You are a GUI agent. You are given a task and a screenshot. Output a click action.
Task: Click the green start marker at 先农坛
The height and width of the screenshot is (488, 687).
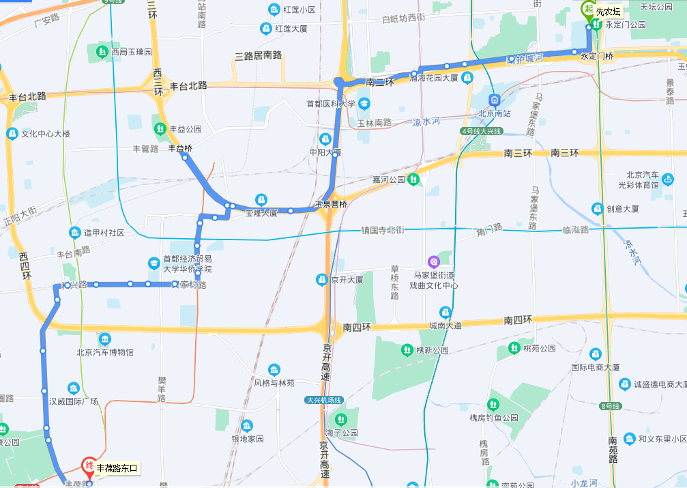[x=587, y=9]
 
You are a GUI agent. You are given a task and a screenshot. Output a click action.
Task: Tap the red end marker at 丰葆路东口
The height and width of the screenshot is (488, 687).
[x=89, y=467]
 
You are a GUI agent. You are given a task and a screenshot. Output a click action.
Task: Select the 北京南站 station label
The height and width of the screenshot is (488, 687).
[x=495, y=113]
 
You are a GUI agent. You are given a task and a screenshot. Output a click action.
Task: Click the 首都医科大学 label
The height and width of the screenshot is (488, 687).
[x=331, y=104]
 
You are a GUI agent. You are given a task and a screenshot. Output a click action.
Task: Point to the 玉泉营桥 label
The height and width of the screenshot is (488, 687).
[x=331, y=204]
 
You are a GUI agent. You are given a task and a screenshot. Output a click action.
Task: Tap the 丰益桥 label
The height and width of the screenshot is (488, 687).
[x=180, y=148]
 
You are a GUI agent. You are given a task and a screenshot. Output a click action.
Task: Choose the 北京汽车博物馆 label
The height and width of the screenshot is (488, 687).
[x=105, y=352]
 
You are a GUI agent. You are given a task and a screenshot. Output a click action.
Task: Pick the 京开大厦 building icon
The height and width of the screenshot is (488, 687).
[x=321, y=279]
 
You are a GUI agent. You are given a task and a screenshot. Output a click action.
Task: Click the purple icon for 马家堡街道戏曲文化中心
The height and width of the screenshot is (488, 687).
[x=433, y=261]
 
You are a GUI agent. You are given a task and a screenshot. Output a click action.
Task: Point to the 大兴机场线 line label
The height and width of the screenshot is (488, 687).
[x=323, y=401]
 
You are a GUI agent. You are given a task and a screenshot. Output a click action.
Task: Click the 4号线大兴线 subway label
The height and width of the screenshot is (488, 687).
[x=482, y=130]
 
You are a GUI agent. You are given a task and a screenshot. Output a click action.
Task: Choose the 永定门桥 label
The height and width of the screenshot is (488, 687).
[x=597, y=56]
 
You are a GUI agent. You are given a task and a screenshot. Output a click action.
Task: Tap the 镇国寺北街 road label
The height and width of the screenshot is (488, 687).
[x=383, y=230]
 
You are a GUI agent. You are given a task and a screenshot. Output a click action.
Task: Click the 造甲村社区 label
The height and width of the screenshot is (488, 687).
[x=104, y=233]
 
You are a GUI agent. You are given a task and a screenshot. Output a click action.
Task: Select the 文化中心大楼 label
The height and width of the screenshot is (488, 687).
[x=46, y=134]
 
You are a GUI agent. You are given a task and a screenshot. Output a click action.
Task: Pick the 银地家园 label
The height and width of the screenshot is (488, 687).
[x=247, y=439]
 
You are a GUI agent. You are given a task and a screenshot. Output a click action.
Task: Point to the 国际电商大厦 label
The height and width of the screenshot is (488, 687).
[x=595, y=367]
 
